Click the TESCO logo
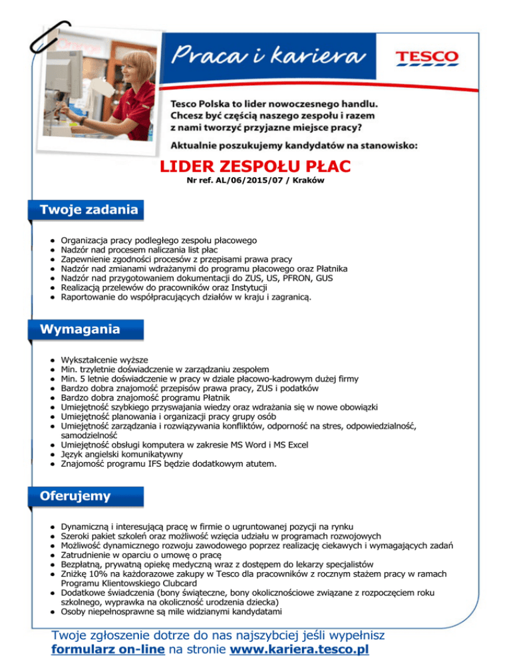pyautogui.click(x=426, y=57)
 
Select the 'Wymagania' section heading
pyautogui.click(x=80, y=329)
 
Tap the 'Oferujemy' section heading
pyautogui.click(x=75, y=496)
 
